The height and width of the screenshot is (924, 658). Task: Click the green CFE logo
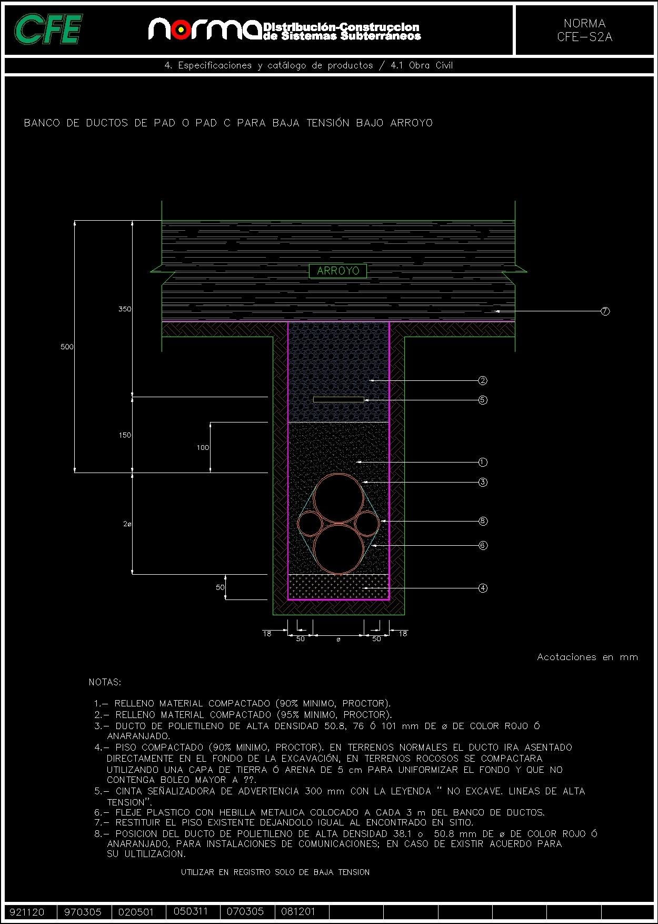point(48,30)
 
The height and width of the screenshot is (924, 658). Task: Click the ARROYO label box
point(337,271)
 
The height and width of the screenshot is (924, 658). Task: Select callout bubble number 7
point(605,311)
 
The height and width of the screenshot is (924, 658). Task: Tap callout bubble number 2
point(482,380)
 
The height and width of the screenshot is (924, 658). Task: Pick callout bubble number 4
point(482,588)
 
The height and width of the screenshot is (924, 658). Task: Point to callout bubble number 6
point(482,545)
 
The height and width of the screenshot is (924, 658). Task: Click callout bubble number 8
point(482,521)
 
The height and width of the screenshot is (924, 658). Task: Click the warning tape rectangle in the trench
point(338,399)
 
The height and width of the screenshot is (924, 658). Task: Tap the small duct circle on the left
point(310,524)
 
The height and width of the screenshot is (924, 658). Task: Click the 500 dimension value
point(67,347)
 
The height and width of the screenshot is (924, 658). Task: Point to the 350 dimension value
point(125,309)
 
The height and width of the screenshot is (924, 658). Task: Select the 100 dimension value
point(203,447)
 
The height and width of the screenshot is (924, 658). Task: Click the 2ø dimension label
point(127,524)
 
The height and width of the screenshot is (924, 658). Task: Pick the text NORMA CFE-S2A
point(584,30)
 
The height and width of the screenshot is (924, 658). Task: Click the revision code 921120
point(27,912)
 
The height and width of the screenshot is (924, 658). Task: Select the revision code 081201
point(298,911)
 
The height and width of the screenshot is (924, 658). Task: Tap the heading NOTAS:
point(105,682)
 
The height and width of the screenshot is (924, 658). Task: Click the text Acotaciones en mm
point(587,657)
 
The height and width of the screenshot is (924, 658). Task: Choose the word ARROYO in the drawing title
point(411,123)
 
